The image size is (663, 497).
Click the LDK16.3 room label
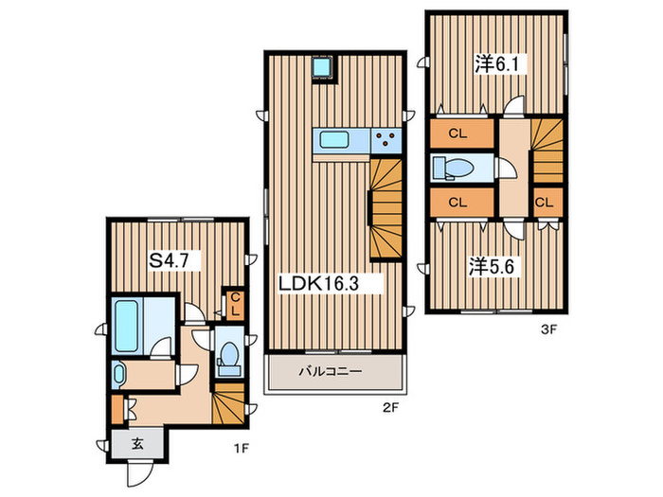[318, 284]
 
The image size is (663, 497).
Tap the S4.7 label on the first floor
[169, 260]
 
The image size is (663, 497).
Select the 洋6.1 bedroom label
[496, 64]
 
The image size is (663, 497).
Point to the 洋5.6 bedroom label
[491, 267]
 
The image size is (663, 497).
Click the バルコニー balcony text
[331, 371]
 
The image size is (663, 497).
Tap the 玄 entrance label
[137, 444]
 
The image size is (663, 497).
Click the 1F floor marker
[242, 449]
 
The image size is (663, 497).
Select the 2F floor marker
[390, 408]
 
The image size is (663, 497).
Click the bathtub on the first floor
[127, 326]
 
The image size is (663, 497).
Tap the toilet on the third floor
[454, 169]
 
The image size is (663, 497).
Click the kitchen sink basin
[334, 140]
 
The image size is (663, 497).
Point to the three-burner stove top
[386, 140]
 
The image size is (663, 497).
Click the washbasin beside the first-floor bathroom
[118, 375]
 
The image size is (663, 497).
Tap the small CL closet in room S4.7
[235, 305]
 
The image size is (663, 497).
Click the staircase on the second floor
[386, 208]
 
